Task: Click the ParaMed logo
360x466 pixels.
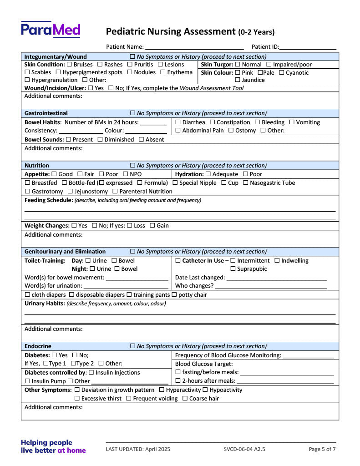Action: (x=51, y=30)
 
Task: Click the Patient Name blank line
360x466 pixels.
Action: (x=194, y=47)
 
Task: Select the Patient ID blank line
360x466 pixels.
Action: (x=308, y=47)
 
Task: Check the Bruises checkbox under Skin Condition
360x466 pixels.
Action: (x=69, y=65)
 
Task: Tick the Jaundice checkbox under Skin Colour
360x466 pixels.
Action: (x=237, y=80)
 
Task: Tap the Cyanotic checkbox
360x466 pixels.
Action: (x=281, y=73)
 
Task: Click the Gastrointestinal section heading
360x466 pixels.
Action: (x=46, y=113)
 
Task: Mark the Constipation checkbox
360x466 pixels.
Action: (x=212, y=122)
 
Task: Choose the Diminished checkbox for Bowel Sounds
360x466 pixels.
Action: (x=100, y=140)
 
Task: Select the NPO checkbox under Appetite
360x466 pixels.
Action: (x=125, y=174)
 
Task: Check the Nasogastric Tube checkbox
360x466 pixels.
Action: (x=246, y=183)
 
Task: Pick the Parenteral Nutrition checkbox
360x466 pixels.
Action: (x=115, y=192)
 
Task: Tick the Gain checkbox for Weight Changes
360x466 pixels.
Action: (x=152, y=226)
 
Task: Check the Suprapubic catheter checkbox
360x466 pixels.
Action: (x=233, y=269)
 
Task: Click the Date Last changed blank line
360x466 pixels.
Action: (x=276, y=278)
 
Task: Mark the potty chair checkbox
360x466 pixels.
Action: (x=174, y=295)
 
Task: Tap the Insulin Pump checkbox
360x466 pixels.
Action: (x=27, y=381)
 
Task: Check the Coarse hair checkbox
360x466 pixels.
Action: (x=185, y=399)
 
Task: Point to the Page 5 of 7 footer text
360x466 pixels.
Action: (x=322, y=449)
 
